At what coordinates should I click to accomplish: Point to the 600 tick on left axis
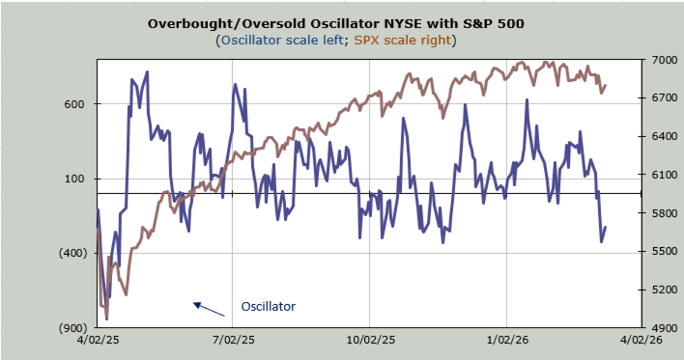point(77,104)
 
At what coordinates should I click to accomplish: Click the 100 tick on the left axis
point(77,179)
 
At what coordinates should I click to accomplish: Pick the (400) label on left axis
point(73,253)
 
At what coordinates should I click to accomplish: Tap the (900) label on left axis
point(73,328)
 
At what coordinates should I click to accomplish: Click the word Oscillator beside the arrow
point(268,306)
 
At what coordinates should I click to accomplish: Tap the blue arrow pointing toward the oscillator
point(209,309)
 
